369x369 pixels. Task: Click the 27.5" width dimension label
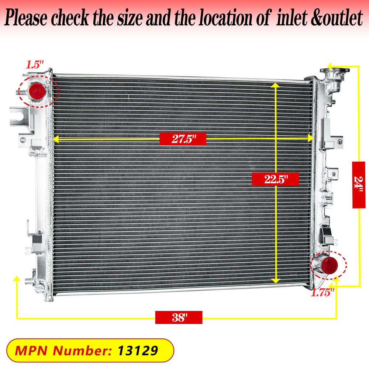pos(183,139)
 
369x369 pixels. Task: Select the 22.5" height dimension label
pos(275,179)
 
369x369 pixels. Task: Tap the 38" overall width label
pos(179,317)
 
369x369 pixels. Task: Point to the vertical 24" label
pos(359,185)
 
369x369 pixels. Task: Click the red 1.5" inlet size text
pos(35,65)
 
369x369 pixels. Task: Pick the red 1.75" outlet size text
pos(323,293)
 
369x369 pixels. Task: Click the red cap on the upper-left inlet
pos(37,91)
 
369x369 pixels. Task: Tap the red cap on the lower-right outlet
pos(329,265)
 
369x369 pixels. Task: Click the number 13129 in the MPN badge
pos(138,351)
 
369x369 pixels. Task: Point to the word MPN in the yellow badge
pos(31,351)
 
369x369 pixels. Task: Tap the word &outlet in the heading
pos(337,18)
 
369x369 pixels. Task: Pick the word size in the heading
pos(130,18)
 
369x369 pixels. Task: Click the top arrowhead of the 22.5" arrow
pos(275,85)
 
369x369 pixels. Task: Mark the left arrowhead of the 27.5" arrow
pos(56,139)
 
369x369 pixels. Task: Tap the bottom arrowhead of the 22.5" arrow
pos(275,281)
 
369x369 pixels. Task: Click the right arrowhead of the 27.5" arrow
pos(311,138)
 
